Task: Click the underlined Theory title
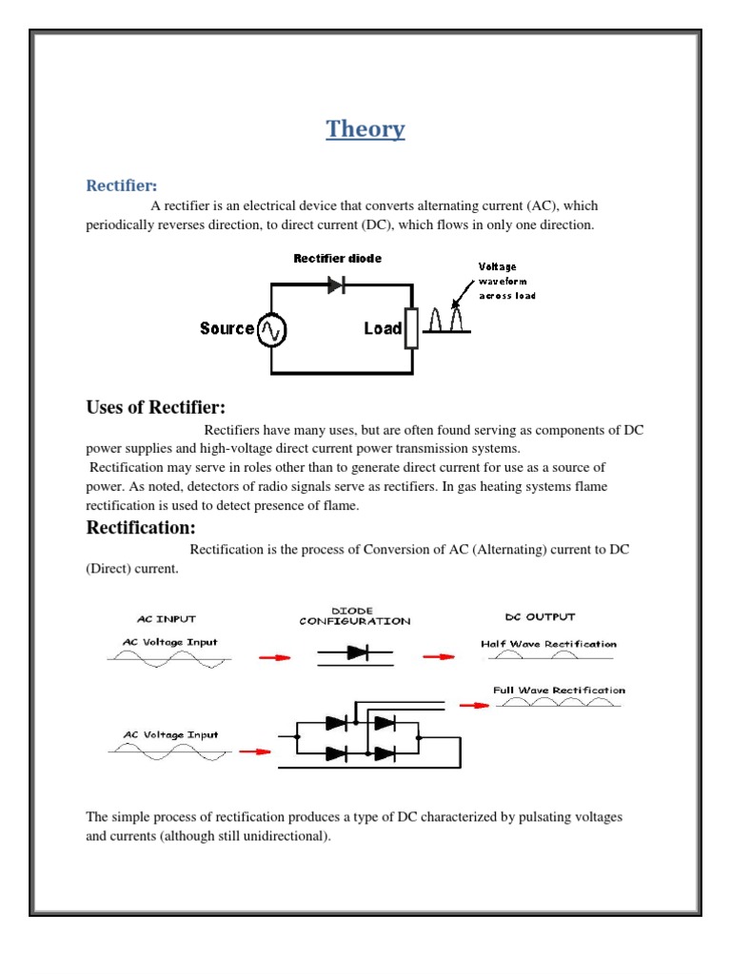coord(365,129)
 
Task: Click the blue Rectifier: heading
coord(122,184)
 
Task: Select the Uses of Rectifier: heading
coord(156,408)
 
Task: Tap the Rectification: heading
coord(141,527)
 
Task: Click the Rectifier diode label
coord(337,258)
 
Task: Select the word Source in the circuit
coord(227,329)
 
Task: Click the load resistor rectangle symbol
coord(411,329)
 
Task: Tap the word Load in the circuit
coord(382,329)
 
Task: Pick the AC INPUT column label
coord(160,618)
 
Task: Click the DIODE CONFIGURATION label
coord(355,615)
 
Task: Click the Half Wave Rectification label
coord(548,644)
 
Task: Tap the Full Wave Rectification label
coord(559,691)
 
